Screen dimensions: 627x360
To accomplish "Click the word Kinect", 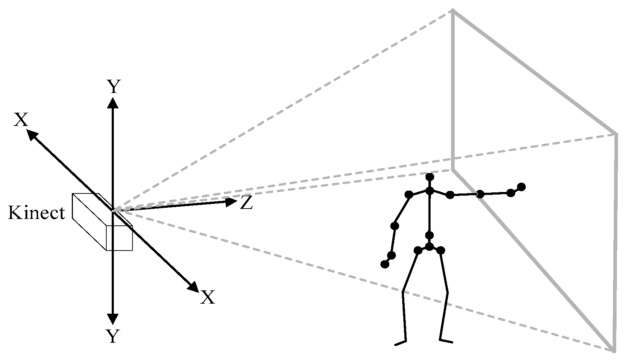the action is (x=37, y=213).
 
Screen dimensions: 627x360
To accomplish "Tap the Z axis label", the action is (x=246, y=203).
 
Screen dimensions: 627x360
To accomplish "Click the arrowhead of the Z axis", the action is (x=230, y=202).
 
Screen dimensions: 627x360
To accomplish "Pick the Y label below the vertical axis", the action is (x=113, y=337).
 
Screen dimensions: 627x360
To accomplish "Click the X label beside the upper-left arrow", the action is (x=21, y=120).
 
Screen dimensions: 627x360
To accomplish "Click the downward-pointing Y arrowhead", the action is (x=113, y=319).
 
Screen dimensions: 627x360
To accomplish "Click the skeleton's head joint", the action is (x=429, y=177).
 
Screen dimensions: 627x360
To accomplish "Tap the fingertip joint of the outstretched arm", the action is (x=521, y=187).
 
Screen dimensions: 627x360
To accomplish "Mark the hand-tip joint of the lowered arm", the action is (x=385, y=264).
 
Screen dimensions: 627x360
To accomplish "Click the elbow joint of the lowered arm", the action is (x=395, y=226).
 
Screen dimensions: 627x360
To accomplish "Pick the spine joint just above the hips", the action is (x=429, y=235).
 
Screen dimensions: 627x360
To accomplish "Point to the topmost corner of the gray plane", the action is (x=453, y=11).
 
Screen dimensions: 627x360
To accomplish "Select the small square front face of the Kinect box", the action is (x=120, y=238).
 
